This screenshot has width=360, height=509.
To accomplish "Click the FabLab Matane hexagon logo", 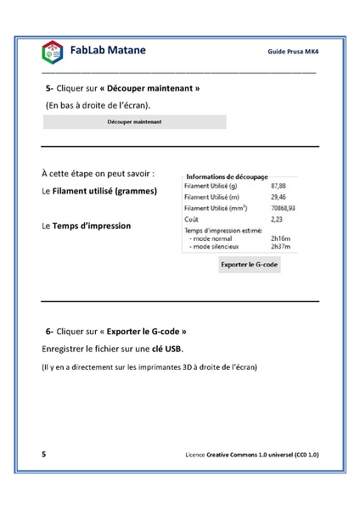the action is pos(52,53).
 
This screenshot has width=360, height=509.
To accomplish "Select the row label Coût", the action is pos(191,219).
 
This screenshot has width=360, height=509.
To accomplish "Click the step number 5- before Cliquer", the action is pos(49,88).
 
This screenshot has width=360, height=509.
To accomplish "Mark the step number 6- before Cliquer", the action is pos(50,331).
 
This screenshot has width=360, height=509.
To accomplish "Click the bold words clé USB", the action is pos(166,349).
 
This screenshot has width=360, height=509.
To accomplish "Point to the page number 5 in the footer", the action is pos(44,455).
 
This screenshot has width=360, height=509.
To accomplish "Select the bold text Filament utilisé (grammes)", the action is pos(104,192).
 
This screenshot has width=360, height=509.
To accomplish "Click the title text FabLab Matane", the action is pos(108,50).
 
